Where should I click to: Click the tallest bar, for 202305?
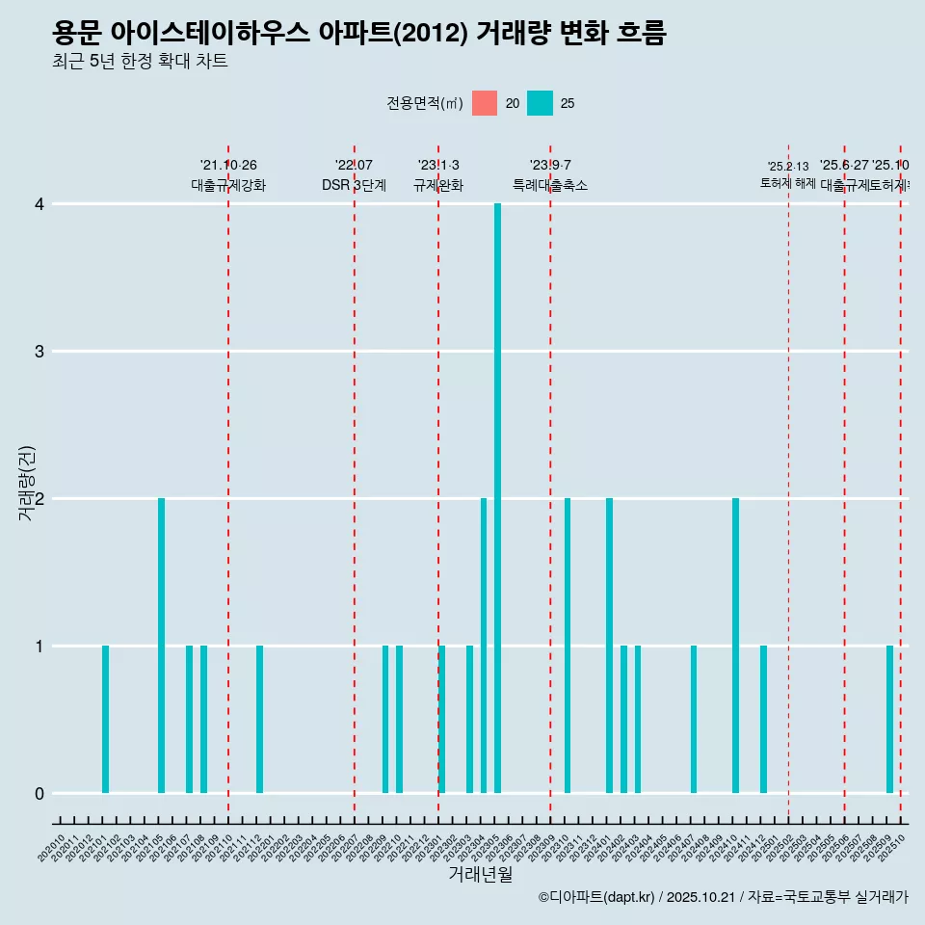497,498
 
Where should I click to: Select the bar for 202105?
161,646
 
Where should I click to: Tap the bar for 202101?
105,719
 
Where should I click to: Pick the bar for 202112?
259,719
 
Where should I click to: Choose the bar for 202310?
568,646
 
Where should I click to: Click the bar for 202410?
735,646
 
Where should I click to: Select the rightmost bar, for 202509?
889,719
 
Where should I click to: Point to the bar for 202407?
693,719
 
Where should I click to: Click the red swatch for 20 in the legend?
485,103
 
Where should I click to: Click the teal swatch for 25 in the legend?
541,103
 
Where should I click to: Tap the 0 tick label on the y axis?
40,793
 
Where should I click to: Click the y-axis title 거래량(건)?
27,484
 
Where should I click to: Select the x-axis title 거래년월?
480,874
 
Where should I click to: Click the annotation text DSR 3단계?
354,185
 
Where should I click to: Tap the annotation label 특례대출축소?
549,185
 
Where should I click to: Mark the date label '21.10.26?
228,166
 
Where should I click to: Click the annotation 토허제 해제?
788,182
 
